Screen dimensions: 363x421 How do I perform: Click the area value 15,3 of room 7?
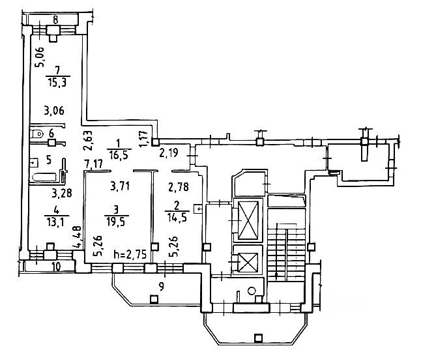pyautogui.click(x=58, y=81)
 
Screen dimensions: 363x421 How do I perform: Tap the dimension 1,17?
pyautogui.click(x=145, y=137)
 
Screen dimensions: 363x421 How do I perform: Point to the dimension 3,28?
pyautogui.click(x=61, y=192)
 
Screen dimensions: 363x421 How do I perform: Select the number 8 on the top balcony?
pyautogui.click(x=55, y=21)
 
